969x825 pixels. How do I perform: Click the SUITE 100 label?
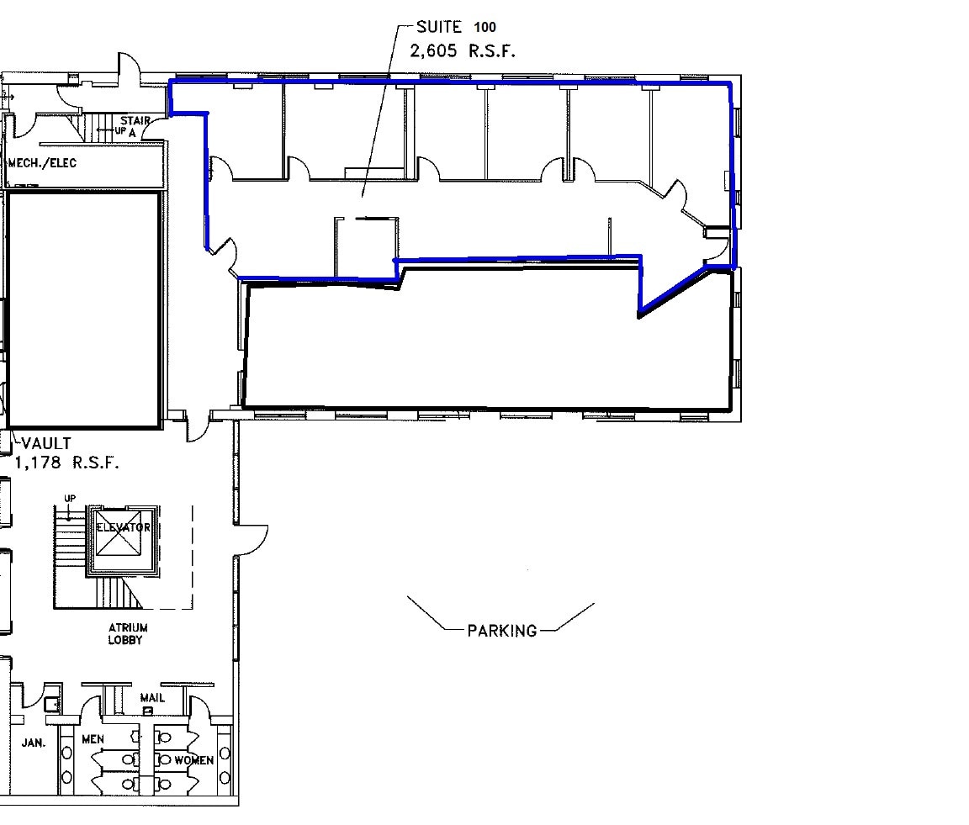click(455, 27)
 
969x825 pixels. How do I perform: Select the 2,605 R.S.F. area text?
click(462, 50)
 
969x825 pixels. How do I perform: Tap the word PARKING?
click(501, 630)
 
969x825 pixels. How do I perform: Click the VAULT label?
click(46, 443)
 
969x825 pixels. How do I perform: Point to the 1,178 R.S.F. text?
click(66, 463)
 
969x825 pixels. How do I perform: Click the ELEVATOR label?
click(123, 527)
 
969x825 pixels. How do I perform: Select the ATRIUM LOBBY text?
click(127, 633)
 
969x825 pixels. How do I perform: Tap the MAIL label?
click(152, 698)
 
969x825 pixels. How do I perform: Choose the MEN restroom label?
click(93, 739)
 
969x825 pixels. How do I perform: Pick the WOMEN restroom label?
click(193, 759)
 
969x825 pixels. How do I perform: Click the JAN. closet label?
click(34, 743)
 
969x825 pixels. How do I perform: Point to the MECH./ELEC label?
click(42, 162)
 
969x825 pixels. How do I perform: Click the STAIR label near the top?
click(135, 121)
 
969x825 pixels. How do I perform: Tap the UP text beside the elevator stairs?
click(70, 499)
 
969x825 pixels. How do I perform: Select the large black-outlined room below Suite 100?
click(488, 345)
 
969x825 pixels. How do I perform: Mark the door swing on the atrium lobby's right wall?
click(252, 539)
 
